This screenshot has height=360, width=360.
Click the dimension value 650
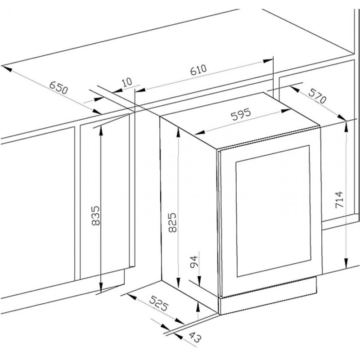[x=59, y=87]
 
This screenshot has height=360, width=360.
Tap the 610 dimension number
[x=198, y=70]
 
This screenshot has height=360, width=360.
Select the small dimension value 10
[x=127, y=82]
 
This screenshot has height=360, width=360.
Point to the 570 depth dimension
[x=317, y=96]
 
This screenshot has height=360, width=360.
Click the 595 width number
[x=241, y=114]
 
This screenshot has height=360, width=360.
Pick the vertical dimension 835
[x=96, y=216]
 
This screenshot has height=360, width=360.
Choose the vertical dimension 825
[x=172, y=222]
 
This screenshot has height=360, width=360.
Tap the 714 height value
[x=339, y=199]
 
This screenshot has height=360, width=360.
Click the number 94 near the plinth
[x=194, y=262]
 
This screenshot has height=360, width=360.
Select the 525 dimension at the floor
[x=159, y=303]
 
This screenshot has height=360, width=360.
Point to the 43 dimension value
[x=195, y=337]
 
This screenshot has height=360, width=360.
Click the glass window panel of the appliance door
[x=273, y=211]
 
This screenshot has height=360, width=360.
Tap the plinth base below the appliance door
[x=268, y=296]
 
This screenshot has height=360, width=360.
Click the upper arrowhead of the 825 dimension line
[x=178, y=132]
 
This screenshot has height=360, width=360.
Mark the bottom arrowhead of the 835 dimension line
[x=100, y=288]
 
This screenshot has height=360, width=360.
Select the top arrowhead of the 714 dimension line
[x=346, y=127]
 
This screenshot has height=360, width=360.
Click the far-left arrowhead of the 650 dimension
[x=6, y=68]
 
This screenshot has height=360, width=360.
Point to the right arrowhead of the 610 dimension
[x=268, y=61]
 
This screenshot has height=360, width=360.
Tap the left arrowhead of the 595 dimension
[x=199, y=132]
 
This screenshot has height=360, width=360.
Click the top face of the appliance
[x=240, y=120]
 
